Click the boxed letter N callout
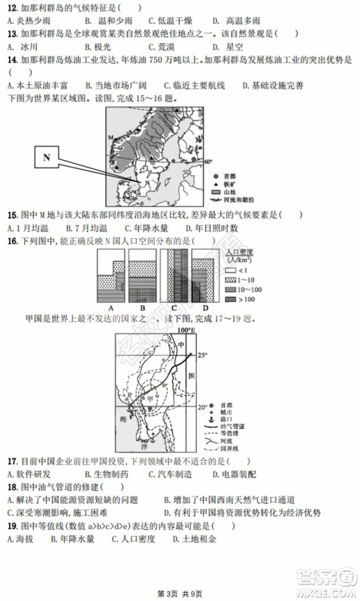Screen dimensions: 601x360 tap(47, 158)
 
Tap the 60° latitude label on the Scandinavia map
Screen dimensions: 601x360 tap(208, 161)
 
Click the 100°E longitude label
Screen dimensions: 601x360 tap(186, 329)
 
